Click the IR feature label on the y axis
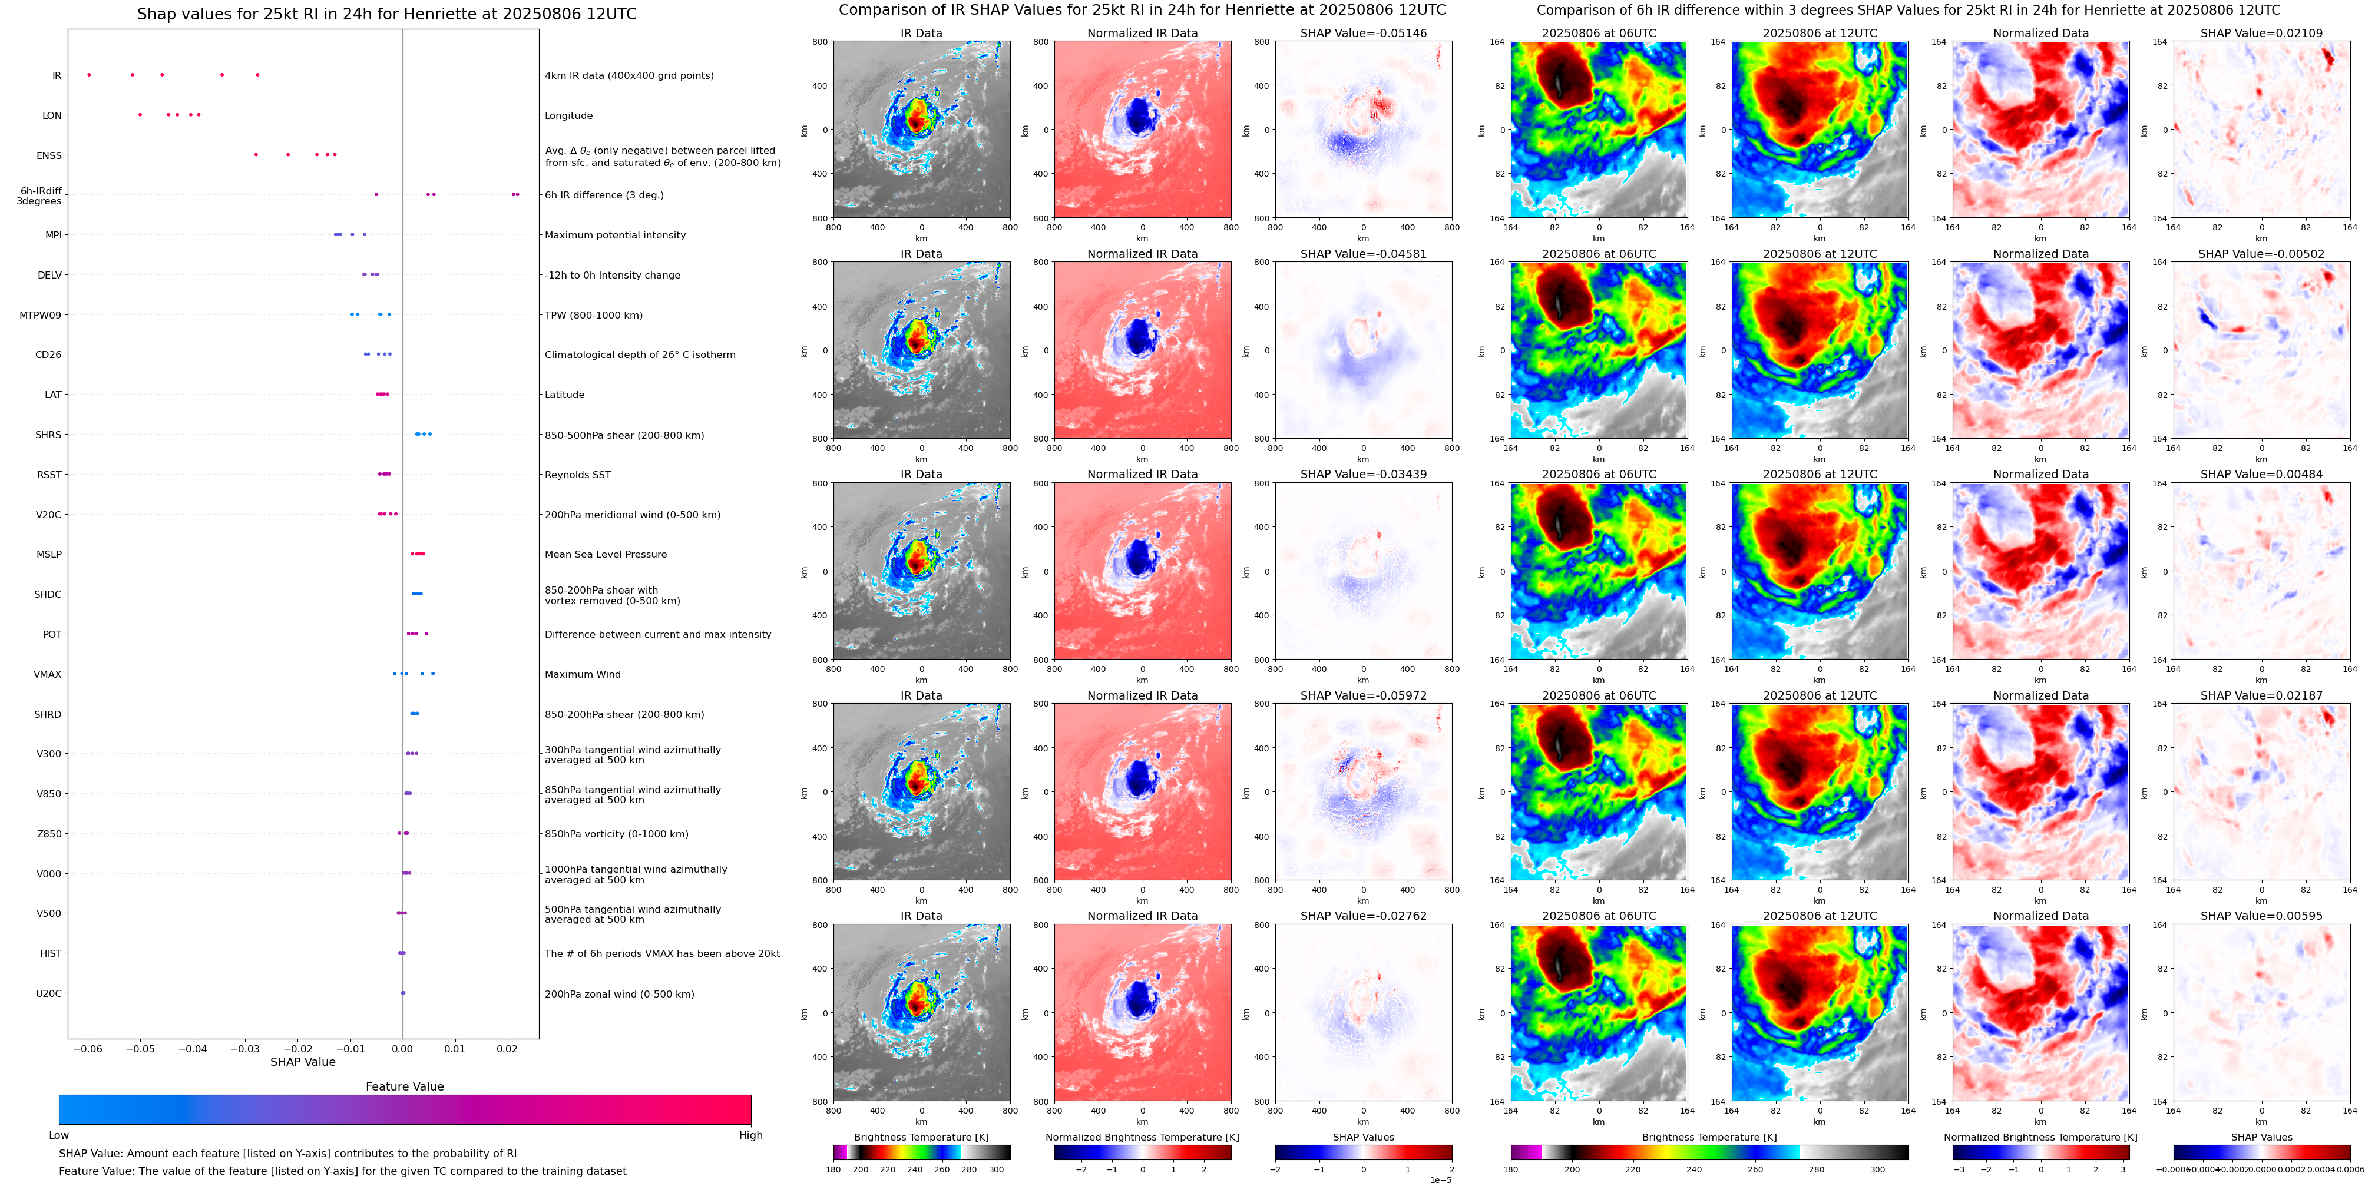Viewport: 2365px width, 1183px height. click(57, 75)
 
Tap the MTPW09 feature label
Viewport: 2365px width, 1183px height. click(41, 315)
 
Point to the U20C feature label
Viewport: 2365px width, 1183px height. click(49, 993)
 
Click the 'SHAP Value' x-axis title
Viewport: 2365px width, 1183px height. click(303, 1062)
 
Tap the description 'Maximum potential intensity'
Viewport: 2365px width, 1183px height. click(615, 235)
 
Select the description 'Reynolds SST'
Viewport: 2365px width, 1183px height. click(577, 475)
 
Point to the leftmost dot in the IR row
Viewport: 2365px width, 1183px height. click(89, 74)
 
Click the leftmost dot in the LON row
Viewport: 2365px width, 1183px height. click(140, 115)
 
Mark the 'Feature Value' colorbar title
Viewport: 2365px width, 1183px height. click(405, 1086)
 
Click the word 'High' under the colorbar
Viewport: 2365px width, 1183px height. click(751, 1135)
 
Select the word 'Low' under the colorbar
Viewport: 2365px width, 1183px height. click(59, 1135)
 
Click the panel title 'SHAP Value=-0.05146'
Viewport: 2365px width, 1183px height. click(1364, 33)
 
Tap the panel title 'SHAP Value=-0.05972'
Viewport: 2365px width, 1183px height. click(1364, 695)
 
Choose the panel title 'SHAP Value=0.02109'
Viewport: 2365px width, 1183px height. click(2261, 33)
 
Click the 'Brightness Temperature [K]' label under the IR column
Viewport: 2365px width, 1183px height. click(921, 1137)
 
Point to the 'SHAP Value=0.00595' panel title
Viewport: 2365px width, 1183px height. click(2261, 916)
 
